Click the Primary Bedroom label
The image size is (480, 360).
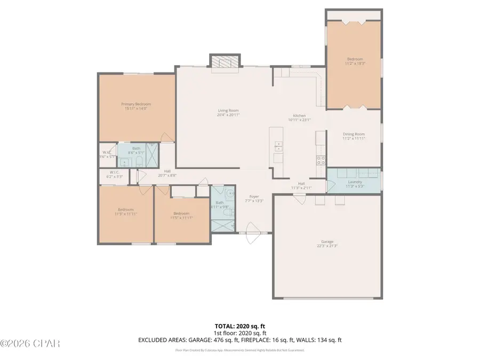click(x=135, y=104)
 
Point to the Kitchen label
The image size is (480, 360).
click(x=299, y=116)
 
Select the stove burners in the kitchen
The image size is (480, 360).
click(x=322, y=159)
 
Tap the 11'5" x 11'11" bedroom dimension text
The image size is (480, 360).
click(x=181, y=218)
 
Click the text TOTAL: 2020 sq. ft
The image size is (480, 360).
click(x=239, y=325)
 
